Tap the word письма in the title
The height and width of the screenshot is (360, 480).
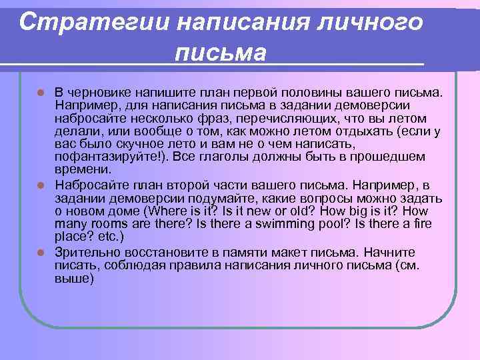click(x=220, y=52)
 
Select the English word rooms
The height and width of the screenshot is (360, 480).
click(x=111, y=224)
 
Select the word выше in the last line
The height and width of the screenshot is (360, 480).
click(x=71, y=279)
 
